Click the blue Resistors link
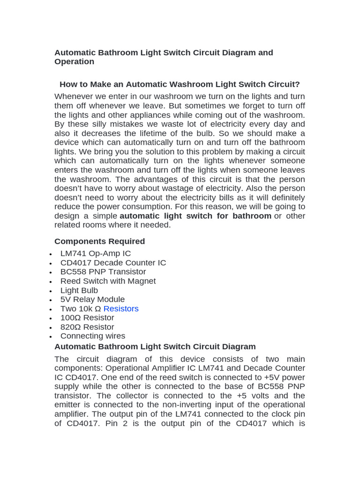pos(121,308)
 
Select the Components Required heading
pos(99,241)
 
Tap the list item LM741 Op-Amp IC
pos(96,254)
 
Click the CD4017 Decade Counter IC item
pos(113,263)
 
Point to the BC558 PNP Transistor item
pos(103,272)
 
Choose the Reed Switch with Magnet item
pos(108,281)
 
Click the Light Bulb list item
pos(79,291)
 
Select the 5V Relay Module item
pos(92,300)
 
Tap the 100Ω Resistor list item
pos(87,318)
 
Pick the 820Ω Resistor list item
pos(87,327)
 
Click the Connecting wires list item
pos(93,336)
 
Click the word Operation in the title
pos(74,62)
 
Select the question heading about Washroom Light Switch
pos(180,84)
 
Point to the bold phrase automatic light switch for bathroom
pos(195,216)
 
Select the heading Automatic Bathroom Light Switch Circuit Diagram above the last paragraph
pos(155,347)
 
